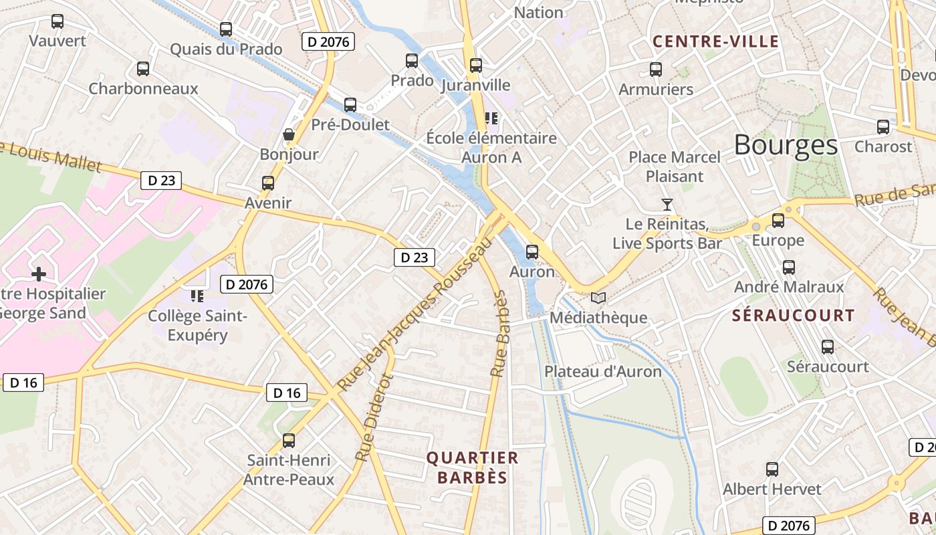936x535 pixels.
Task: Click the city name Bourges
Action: click(786, 145)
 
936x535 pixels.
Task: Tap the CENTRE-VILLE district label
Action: click(715, 41)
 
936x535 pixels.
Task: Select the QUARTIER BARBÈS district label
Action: click(473, 467)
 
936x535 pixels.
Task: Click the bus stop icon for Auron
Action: click(532, 252)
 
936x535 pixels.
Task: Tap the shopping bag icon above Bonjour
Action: click(289, 134)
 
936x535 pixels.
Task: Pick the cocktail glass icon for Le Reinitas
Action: click(667, 204)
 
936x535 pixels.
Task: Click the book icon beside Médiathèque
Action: click(598, 298)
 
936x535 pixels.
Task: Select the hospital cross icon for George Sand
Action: click(39, 274)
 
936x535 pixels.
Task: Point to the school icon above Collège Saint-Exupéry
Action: click(197, 296)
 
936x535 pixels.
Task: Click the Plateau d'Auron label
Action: click(603, 371)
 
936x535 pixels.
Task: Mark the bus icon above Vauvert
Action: click(57, 21)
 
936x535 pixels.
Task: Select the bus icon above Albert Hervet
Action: click(772, 469)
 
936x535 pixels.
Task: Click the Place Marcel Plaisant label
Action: click(675, 167)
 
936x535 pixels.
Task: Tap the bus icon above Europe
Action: click(778, 220)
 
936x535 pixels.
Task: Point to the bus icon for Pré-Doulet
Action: click(350, 105)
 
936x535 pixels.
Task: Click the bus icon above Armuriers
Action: click(656, 70)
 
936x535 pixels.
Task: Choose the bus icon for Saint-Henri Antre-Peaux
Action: click(289, 441)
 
